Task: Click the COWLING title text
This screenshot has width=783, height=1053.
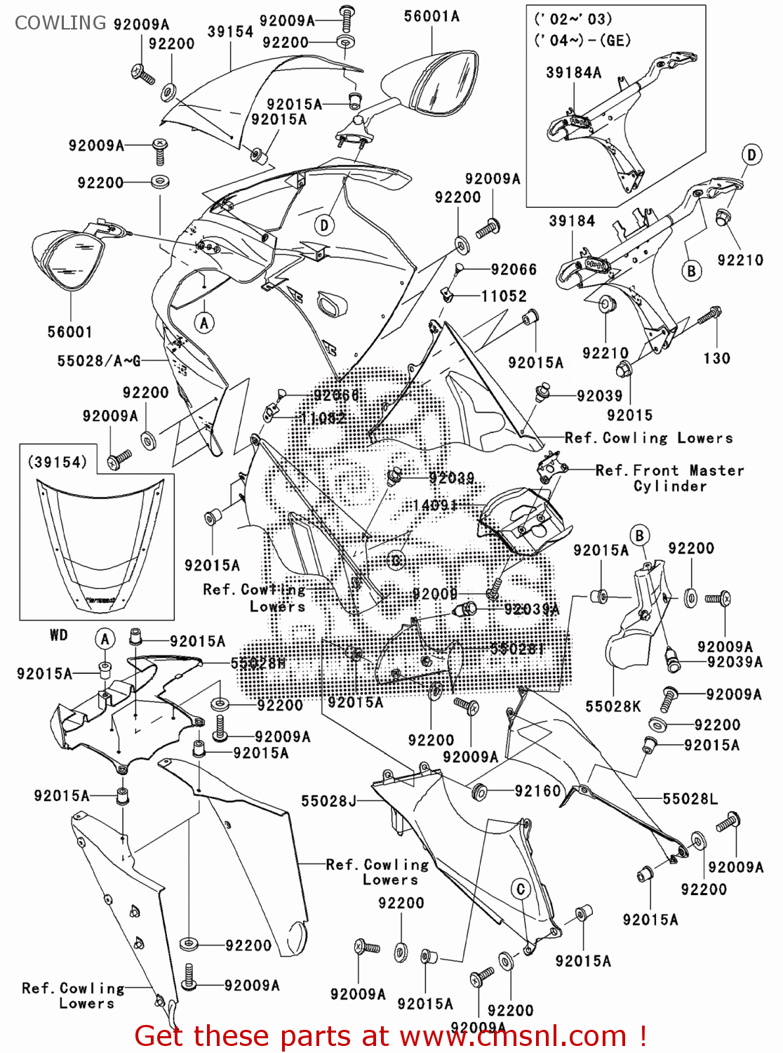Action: tap(60, 22)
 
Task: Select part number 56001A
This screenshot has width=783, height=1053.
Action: tap(431, 16)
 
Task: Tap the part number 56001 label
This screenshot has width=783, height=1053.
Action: tap(69, 331)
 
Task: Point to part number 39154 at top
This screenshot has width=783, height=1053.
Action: tap(230, 32)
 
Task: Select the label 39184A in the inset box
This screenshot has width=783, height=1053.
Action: tap(573, 72)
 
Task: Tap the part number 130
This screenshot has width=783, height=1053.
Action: tap(716, 358)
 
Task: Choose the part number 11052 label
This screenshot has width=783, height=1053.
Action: tap(503, 296)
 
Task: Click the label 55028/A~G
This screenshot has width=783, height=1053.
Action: tap(99, 361)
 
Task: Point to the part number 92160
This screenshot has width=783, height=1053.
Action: tap(537, 791)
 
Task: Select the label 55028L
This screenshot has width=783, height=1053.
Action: tap(690, 798)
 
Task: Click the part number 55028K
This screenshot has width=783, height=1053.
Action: tap(613, 706)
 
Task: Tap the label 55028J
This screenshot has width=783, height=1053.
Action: tap(328, 801)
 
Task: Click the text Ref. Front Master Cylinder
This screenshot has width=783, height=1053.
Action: tap(669, 478)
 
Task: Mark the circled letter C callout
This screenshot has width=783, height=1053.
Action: tap(520, 889)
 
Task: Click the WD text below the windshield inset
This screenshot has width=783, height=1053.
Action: tap(59, 635)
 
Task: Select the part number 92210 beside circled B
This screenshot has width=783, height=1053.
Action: tap(740, 260)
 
